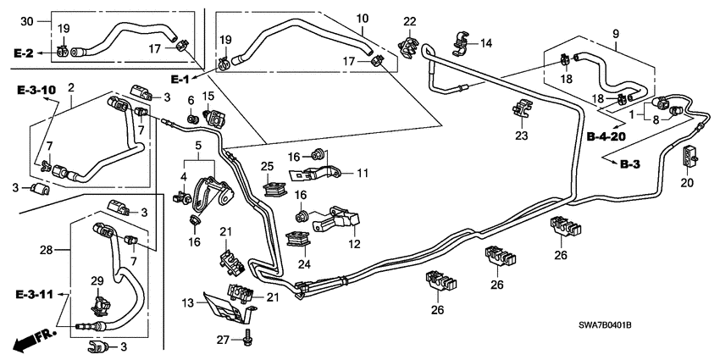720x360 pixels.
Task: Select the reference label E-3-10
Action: pyautogui.click(x=35, y=89)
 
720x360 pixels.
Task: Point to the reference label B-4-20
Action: pyautogui.click(x=606, y=136)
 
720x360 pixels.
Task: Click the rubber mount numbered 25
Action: pyautogui.click(x=273, y=186)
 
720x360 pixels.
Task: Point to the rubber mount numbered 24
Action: pyautogui.click(x=298, y=242)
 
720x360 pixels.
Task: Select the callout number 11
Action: pyautogui.click(x=363, y=173)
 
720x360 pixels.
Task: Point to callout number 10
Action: pyautogui.click(x=362, y=18)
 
